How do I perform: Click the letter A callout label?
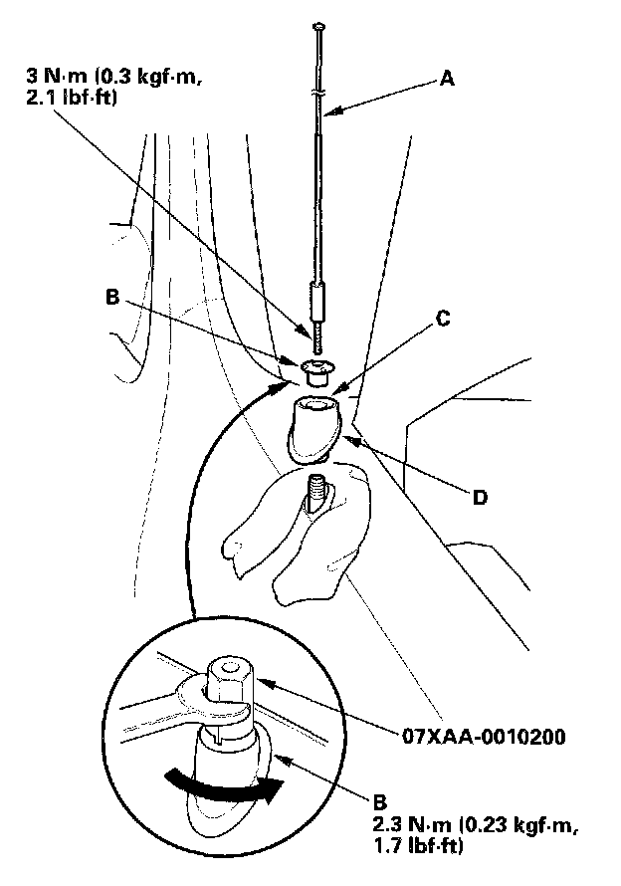[x=447, y=81]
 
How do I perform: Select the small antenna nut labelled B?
[x=316, y=373]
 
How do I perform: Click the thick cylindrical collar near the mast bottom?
[x=316, y=301]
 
